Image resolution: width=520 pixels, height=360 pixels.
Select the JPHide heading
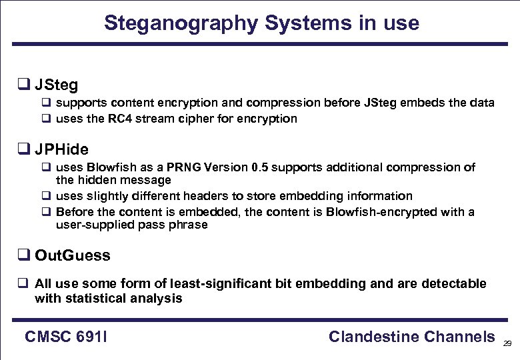[61, 149]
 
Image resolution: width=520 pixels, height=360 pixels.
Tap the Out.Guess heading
[72, 255]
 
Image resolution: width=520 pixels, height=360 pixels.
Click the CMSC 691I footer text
[66, 337]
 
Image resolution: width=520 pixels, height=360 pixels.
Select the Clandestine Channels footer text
[411, 337]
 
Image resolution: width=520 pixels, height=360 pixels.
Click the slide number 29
[507, 343]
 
